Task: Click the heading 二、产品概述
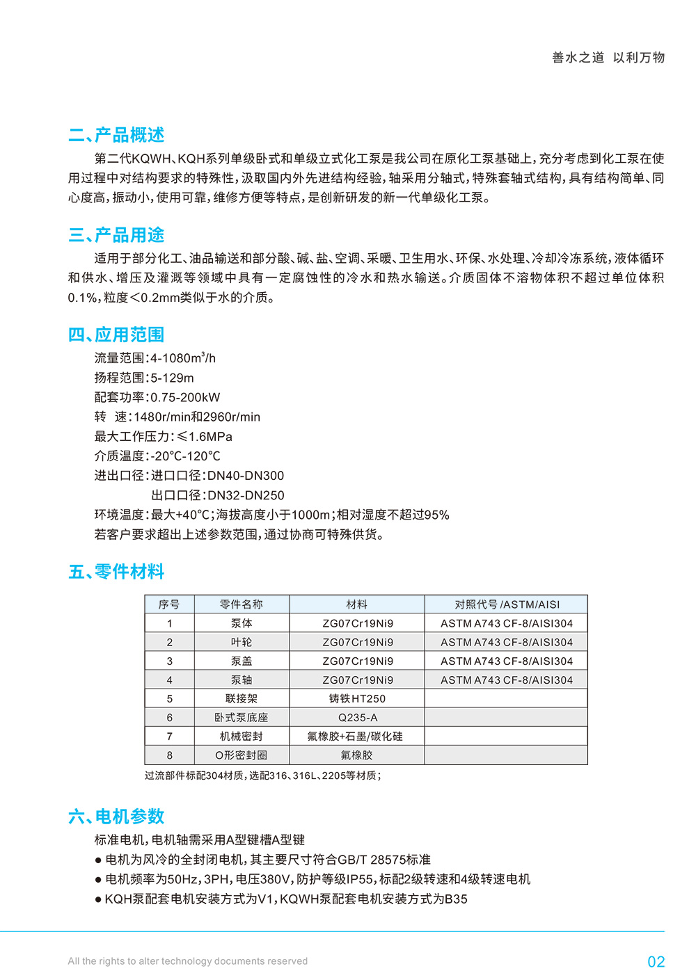click(x=116, y=135)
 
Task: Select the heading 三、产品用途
click(x=116, y=235)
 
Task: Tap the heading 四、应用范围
click(x=116, y=335)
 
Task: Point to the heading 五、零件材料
click(x=116, y=572)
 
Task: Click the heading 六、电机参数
click(x=116, y=817)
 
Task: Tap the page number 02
click(x=656, y=962)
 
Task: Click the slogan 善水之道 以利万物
click(x=608, y=58)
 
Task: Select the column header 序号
click(x=169, y=604)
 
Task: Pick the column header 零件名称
click(x=242, y=604)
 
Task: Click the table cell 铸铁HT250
click(x=357, y=698)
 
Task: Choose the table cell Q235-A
click(x=357, y=717)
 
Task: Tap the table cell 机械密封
click(x=242, y=736)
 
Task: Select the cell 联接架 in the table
click(x=242, y=698)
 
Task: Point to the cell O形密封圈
click(x=242, y=755)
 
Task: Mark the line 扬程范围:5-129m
click(x=144, y=378)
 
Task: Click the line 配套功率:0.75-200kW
click(x=157, y=397)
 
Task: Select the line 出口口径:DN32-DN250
click(x=218, y=495)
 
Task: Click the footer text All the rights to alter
click(x=187, y=961)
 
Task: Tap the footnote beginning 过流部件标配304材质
click(x=262, y=776)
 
